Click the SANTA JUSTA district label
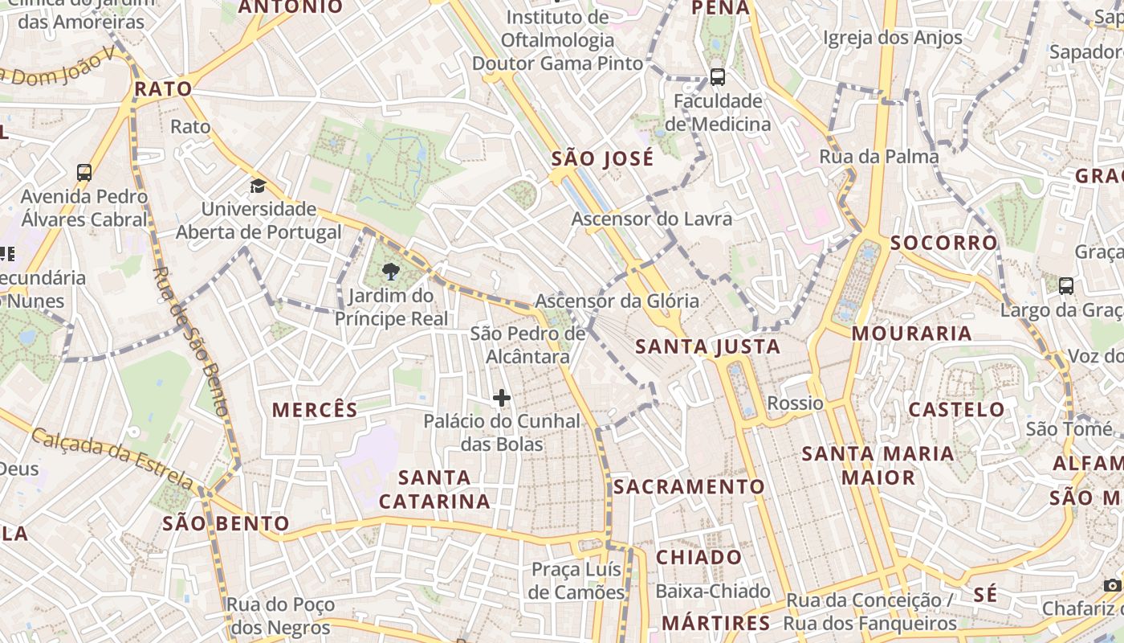pyautogui.click(x=707, y=346)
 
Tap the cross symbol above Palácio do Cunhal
pyautogui.click(x=502, y=398)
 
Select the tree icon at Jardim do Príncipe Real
pyautogui.click(x=391, y=272)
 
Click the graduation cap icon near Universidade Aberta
pyautogui.click(x=258, y=186)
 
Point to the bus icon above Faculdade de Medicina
pyautogui.click(x=718, y=78)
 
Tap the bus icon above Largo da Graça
pyautogui.click(x=1066, y=285)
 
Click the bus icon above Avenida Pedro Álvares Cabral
pyautogui.click(x=84, y=172)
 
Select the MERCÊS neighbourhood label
pyautogui.click(x=315, y=410)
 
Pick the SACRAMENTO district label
pyautogui.click(x=690, y=486)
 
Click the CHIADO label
pyautogui.click(x=699, y=557)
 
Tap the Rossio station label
pyautogui.click(x=795, y=403)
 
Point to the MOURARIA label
pyautogui.click(x=911, y=333)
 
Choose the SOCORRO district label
pyautogui.click(x=943, y=242)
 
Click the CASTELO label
pyautogui.click(x=956, y=409)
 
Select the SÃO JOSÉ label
pyautogui.click(x=602, y=158)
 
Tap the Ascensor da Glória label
pyautogui.click(x=617, y=301)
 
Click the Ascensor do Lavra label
pyautogui.click(x=651, y=219)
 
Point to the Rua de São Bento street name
pyautogui.click(x=191, y=342)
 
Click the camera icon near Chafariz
pyautogui.click(x=1112, y=585)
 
